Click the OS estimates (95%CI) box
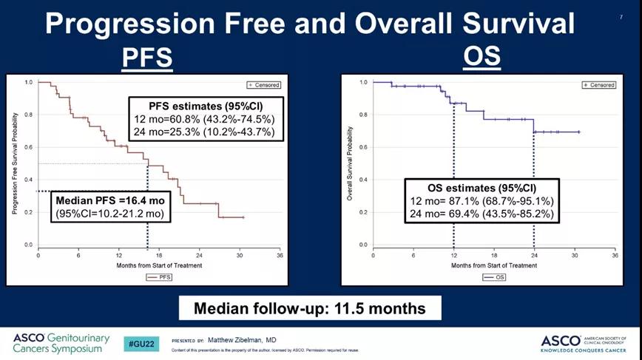point(481,200)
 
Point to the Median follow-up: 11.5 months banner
point(311,308)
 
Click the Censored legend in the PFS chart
point(266,84)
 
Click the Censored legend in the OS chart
point(599,85)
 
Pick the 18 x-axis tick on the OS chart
point(494,256)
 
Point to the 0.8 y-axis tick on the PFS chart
point(27,115)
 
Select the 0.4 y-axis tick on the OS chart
point(362,180)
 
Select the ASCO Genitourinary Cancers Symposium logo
point(61,343)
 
